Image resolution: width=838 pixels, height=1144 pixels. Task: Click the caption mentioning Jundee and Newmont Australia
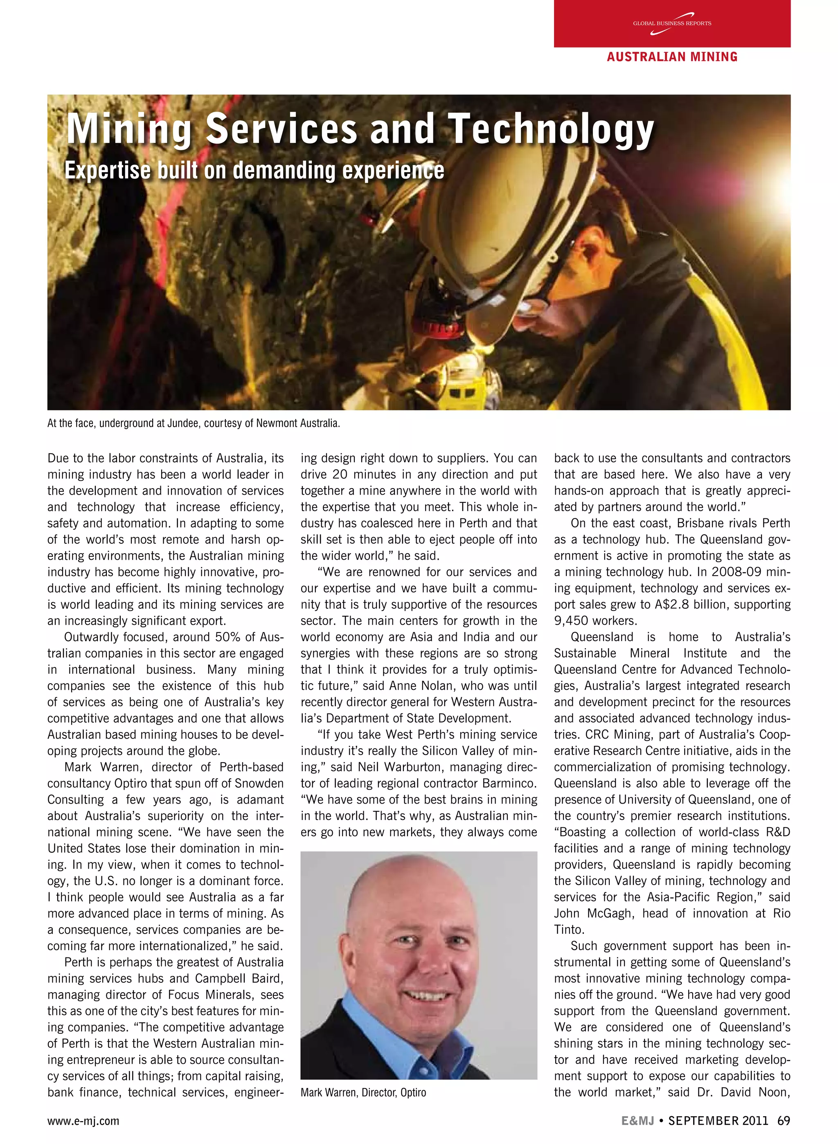(x=193, y=423)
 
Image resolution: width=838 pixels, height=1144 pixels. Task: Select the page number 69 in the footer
(x=783, y=1120)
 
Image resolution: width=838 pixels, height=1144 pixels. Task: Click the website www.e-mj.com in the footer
(x=83, y=1121)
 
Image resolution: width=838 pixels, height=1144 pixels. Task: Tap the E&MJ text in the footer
(x=637, y=1120)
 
